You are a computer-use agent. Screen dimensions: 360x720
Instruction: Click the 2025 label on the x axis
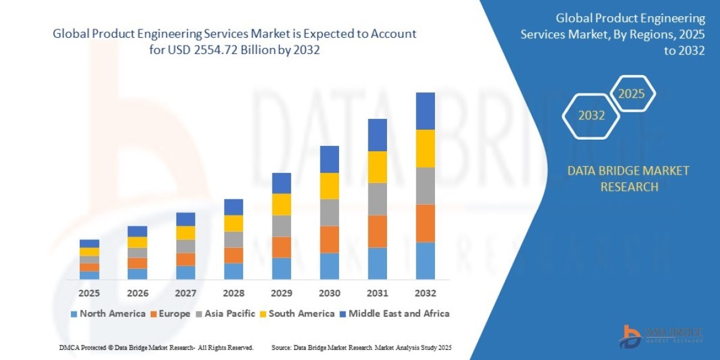pos(89,293)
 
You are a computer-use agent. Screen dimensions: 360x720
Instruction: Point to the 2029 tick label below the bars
pos(281,293)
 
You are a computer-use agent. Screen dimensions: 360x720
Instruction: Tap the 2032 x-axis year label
pos(425,293)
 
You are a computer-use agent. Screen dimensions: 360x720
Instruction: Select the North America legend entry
pos(108,313)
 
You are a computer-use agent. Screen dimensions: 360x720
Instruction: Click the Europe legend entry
pos(170,313)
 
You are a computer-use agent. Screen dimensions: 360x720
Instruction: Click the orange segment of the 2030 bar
pos(329,239)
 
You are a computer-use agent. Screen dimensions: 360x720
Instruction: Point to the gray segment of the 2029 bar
pos(281,226)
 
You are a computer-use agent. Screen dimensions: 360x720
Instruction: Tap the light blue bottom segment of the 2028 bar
pos(233,271)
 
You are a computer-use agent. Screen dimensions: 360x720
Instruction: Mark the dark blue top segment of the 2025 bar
pos(89,244)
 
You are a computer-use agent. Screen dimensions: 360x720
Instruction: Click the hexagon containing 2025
pos(631,94)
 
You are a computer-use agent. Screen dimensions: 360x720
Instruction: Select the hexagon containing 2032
pos(591,116)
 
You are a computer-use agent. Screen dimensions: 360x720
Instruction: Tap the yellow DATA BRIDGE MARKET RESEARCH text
pos(628,179)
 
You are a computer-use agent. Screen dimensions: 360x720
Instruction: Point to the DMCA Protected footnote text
pos(156,347)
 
